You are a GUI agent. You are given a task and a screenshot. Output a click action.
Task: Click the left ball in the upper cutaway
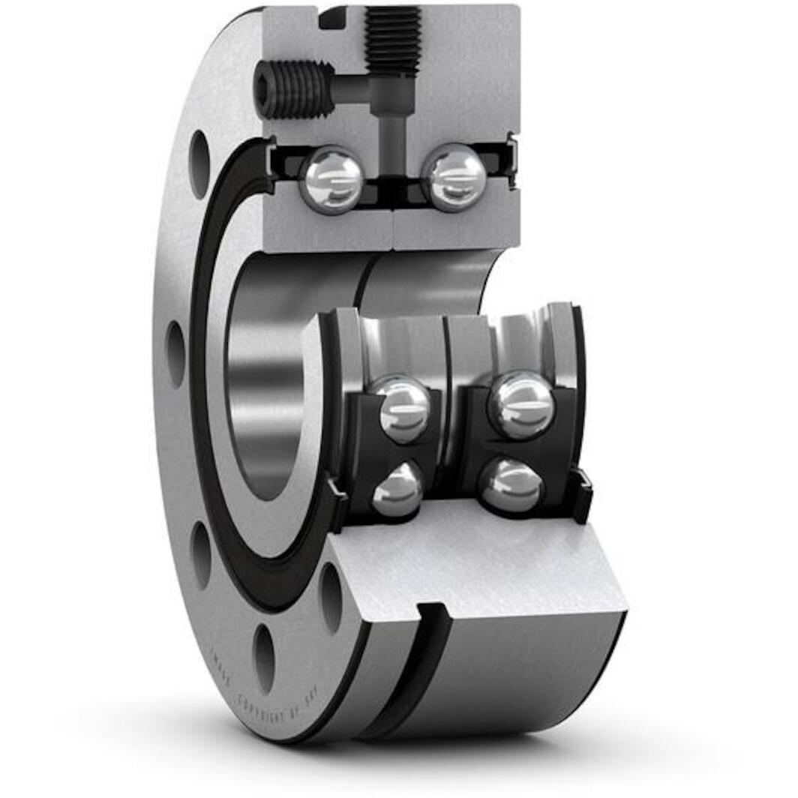(331, 179)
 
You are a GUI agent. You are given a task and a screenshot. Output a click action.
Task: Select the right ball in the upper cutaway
(454, 177)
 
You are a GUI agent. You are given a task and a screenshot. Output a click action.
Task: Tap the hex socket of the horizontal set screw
(265, 89)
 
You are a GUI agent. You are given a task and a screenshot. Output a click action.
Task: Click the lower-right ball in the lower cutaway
(510, 485)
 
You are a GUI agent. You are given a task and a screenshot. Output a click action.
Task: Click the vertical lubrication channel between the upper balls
(391, 142)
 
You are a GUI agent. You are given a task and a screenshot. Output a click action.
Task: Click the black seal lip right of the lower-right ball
(580, 495)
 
